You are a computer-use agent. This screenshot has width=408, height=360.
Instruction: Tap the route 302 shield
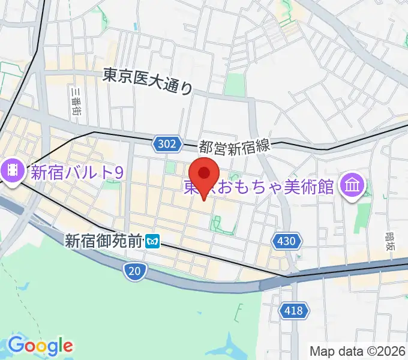click(x=164, y=144)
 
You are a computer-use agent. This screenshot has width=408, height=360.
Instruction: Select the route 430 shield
click(x=286, y=241)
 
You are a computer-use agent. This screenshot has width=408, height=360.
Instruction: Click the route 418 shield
click(x=295, y=310)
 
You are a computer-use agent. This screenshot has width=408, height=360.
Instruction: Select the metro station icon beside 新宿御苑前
click(x=153, y=241)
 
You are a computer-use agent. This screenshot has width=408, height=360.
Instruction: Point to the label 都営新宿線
click(x=236, y=146)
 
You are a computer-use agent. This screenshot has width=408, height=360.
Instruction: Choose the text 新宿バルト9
click(x=77, y=173)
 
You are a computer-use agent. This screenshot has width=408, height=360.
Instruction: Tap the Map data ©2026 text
click(x=358, y=350)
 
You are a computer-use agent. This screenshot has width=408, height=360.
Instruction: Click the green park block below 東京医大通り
click(x=235, y=85)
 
